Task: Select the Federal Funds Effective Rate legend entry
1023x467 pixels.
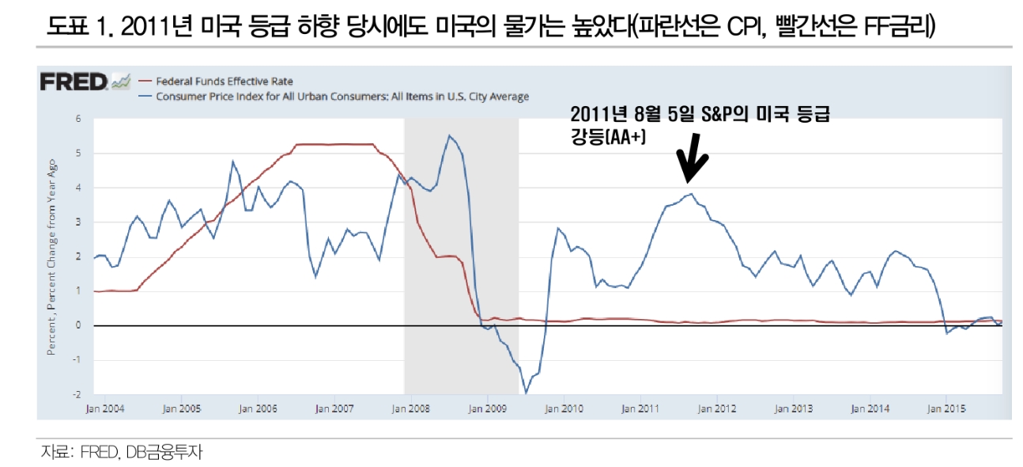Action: (x=225, y=81)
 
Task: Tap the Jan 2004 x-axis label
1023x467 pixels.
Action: (x=106, y=408)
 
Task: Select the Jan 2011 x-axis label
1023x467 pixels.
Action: (x=640, y=408)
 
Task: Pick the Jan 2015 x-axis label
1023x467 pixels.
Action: (x=946, y=408)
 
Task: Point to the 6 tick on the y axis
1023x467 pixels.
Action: (x=78, y=119)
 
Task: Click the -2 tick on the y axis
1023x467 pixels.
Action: (x=77, y=394)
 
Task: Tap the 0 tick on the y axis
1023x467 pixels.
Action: (x=78, y=325)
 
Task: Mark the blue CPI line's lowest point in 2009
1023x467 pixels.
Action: (x=526, y=393)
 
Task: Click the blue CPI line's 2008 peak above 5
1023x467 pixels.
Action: (x=449, y=135)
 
